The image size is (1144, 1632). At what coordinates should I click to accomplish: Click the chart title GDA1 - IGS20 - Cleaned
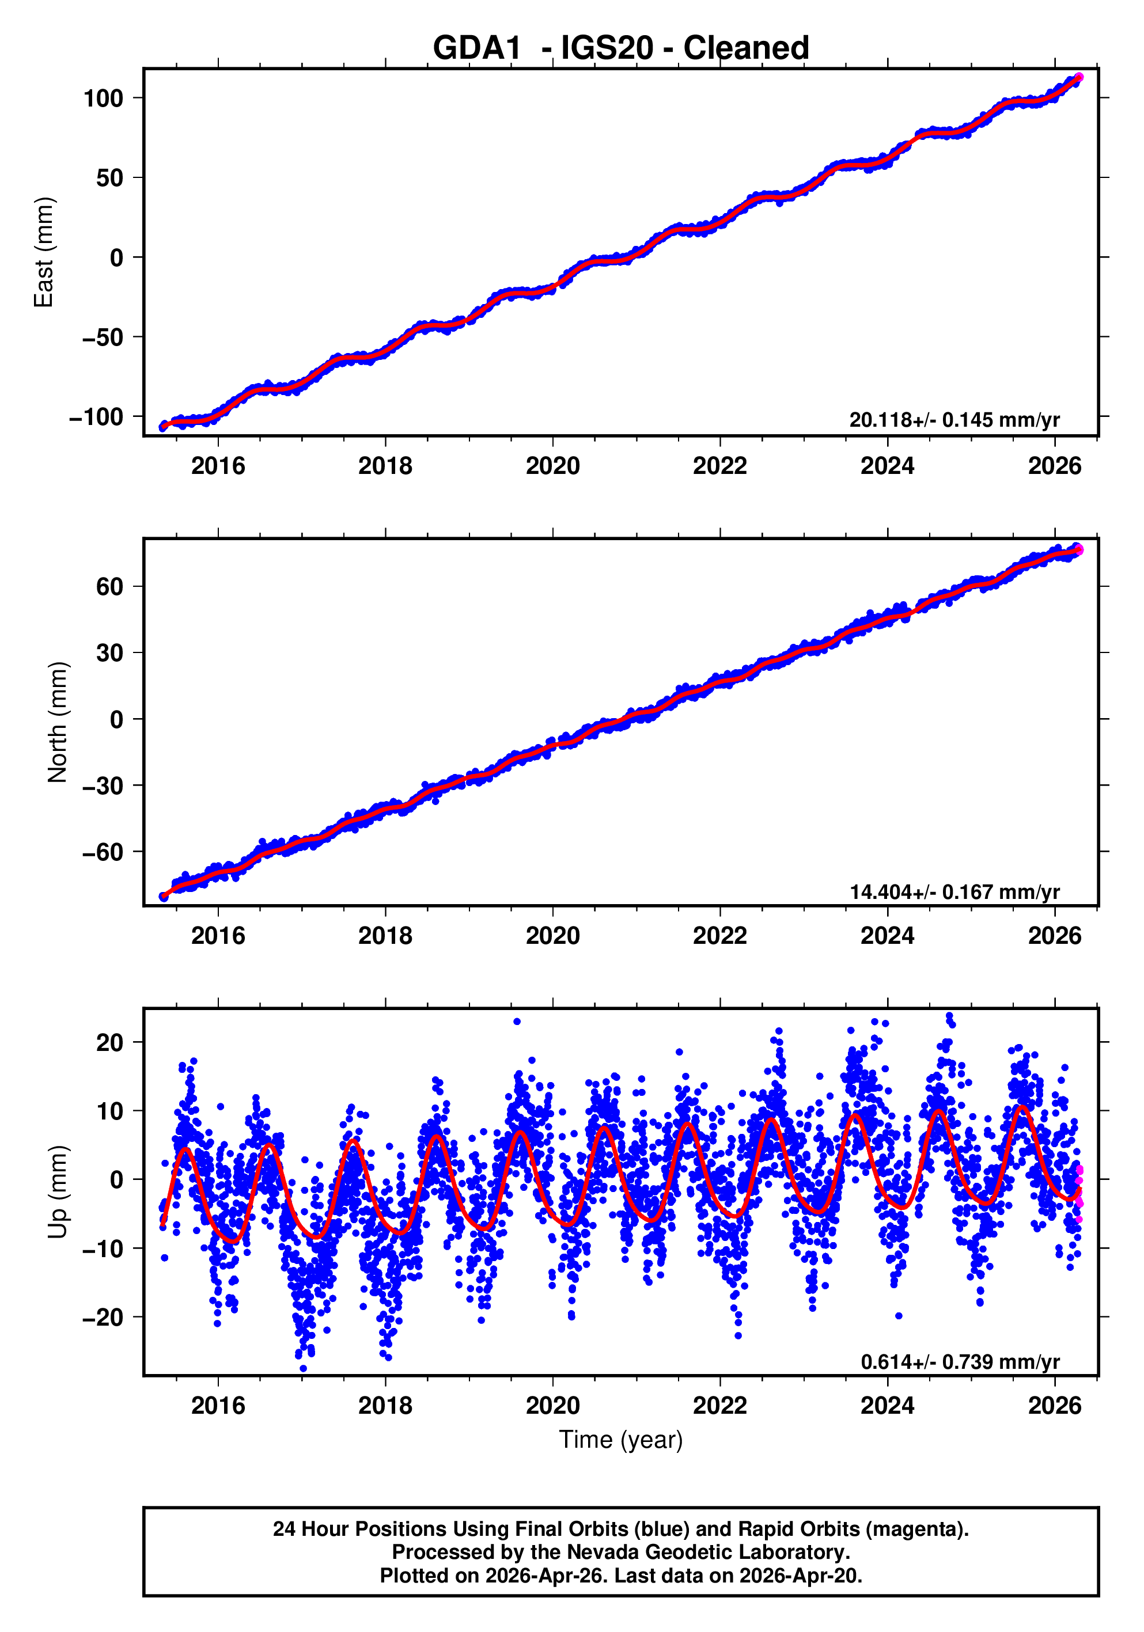tap(621, 48)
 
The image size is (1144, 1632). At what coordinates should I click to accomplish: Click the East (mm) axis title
tap(44, 252)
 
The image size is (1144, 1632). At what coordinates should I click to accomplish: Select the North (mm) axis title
tap(58, 722)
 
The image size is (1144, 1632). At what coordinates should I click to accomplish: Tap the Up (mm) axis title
tap(58, 1192)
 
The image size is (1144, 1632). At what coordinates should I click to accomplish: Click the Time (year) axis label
tap(621, 1439)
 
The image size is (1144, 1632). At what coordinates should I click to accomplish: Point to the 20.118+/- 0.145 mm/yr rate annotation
tap(954, 420)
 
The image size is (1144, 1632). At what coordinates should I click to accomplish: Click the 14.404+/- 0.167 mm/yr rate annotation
tap(954, 891)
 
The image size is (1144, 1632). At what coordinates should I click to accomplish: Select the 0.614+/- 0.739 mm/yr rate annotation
tap(960, 1361)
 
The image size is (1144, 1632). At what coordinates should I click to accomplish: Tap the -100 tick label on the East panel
tap(96, 418)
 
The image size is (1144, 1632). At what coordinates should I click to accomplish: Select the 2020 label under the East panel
tap(552, 466)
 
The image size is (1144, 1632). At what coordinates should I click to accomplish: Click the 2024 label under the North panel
tap(887, 936)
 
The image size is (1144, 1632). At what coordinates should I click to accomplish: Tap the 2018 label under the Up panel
tap(385, 1406)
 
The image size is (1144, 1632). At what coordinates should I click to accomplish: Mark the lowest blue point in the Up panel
tap(304, 1368)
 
